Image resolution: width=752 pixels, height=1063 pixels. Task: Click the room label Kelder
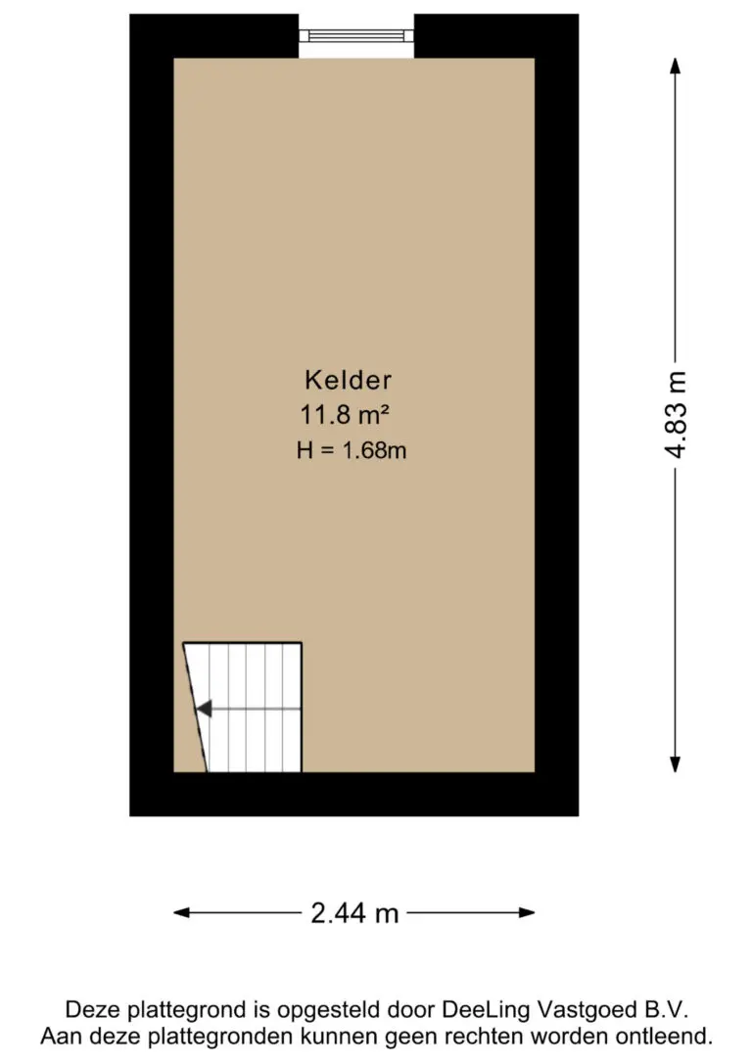click(348, 380)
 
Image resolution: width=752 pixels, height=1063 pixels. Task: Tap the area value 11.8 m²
click(345, 415)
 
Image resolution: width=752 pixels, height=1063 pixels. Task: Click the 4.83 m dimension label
click(675, 415)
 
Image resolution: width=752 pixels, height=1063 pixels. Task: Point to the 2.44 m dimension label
click(354, 913)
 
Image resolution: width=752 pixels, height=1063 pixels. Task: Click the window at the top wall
click(356, 35)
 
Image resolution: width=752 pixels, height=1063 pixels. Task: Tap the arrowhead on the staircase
click(204, 709)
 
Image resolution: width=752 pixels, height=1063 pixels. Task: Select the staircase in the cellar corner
click(245, 707)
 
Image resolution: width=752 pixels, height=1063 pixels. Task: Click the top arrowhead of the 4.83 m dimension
click(675, 67)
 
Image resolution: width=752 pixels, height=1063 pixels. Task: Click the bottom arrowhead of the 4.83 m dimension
click(675, 763)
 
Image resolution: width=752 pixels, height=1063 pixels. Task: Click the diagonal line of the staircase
click(195, 707)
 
